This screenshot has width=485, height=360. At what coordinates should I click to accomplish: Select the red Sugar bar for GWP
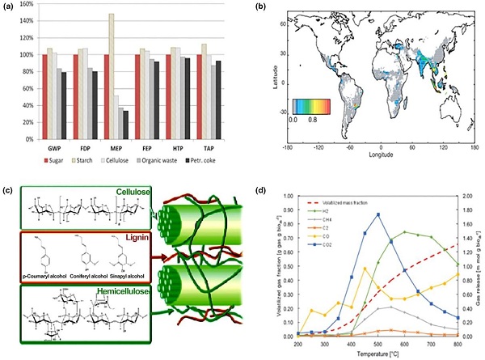45,96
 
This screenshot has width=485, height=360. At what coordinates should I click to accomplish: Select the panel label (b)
263,7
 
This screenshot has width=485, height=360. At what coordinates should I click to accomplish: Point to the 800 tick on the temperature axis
456,343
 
